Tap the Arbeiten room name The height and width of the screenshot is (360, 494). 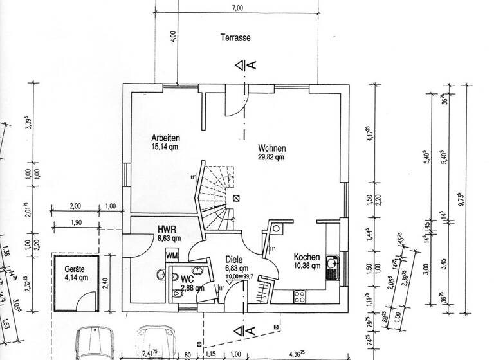coord(165,138)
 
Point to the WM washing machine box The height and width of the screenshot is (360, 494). coord(172,255)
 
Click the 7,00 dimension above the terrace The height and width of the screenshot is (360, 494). coord(237,8)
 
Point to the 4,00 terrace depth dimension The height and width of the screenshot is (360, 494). coord(172,35)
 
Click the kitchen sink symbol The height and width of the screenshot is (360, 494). coord(332,267)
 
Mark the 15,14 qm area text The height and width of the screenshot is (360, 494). coord(165,147)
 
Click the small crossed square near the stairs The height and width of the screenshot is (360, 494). coord(237,199)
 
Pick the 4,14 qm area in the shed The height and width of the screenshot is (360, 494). coord(76,278)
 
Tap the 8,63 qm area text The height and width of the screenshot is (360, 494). coord(169,238)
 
